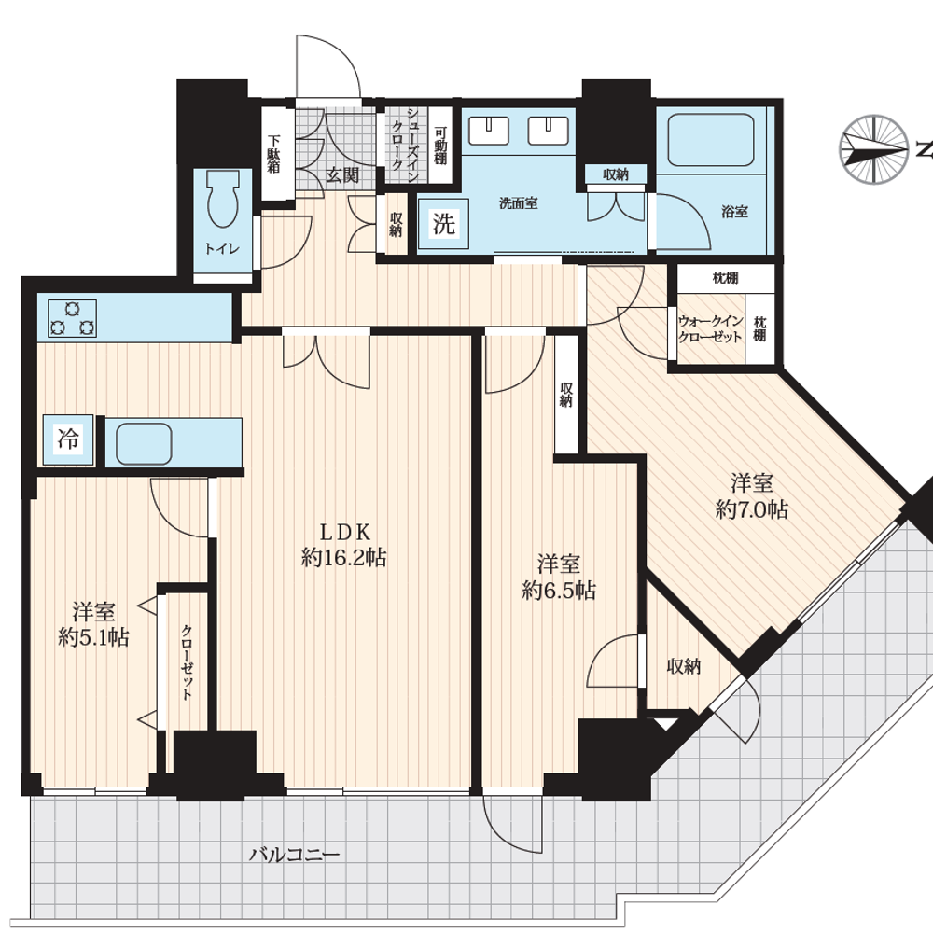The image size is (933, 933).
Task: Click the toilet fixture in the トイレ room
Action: [223, 200]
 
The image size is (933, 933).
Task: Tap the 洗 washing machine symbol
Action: [443, 224]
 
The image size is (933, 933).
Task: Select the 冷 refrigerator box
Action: [68, 439]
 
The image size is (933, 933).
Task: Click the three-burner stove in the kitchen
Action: [73, 318]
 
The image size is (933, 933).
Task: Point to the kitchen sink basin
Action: [144, 443]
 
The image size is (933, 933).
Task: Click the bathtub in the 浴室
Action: [710, 140]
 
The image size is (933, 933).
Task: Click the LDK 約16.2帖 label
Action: [344, 545]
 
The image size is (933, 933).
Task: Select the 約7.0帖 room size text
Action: [752, 509]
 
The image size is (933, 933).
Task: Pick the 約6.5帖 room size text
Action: [559, 591]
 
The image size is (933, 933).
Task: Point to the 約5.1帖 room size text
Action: [93, 637]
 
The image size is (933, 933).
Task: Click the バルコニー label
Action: [295, 855]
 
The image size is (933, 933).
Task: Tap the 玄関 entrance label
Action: [343, 175]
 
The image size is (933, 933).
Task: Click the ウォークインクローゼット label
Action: [710, 329]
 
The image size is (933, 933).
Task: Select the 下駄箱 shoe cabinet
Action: [273, 154]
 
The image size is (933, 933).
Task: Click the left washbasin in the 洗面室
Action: [489, 131]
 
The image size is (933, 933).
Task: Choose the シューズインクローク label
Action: [406, 145]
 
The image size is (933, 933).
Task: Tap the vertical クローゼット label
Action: [187, 661]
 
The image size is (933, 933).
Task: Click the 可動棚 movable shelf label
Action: [440, 145]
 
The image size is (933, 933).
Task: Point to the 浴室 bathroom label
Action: [734, 211]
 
